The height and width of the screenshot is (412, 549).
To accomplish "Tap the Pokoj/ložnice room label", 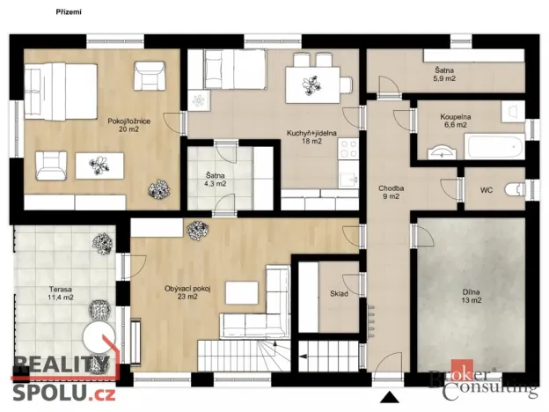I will (x=123, y=124).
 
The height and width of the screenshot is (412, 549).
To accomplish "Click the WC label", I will (x=486, y=190).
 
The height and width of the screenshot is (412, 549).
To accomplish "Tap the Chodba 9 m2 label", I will (x=392, y=192).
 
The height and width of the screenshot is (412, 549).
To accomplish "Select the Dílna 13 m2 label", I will (x=472, y=297).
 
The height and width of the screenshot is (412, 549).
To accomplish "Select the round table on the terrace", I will (x=96, y=335).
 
